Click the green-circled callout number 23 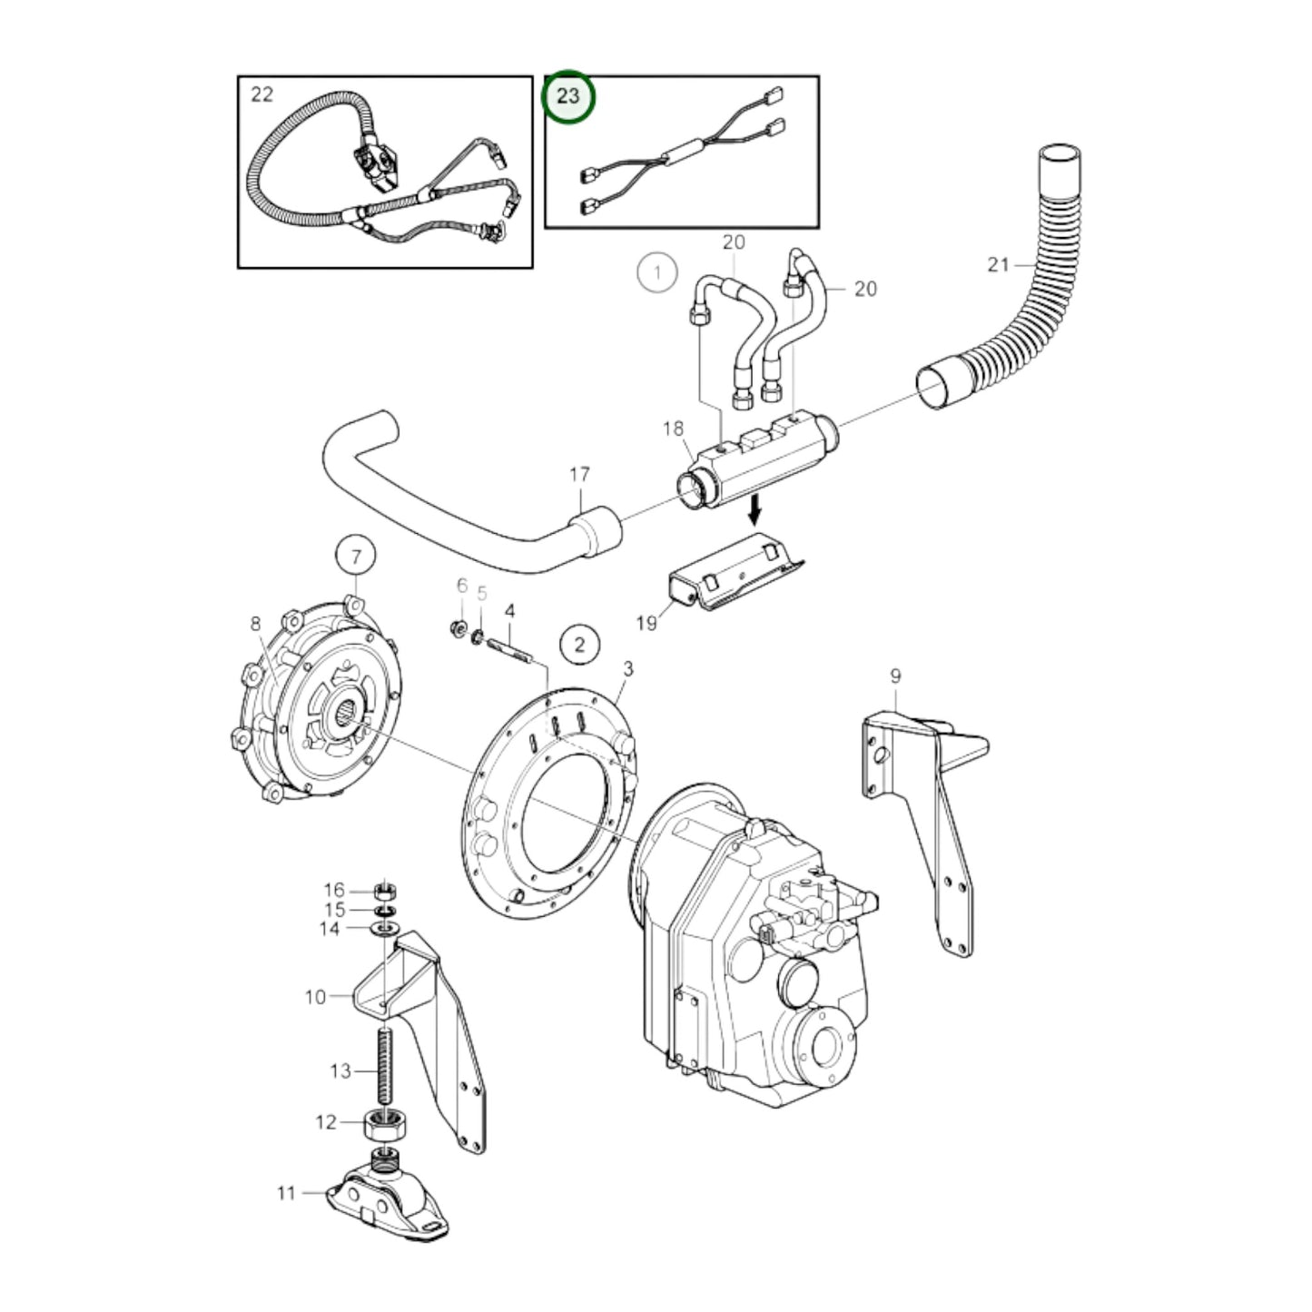click(x=567, y=95)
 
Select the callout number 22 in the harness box click(x=261, y=94)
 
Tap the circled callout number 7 click(x=355, y=556)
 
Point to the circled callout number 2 click(x=579, y=645)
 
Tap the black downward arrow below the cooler click(x=753, y=512)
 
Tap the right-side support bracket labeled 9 click(x=935, y=817)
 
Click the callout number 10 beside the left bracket click(x=314, y=997)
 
